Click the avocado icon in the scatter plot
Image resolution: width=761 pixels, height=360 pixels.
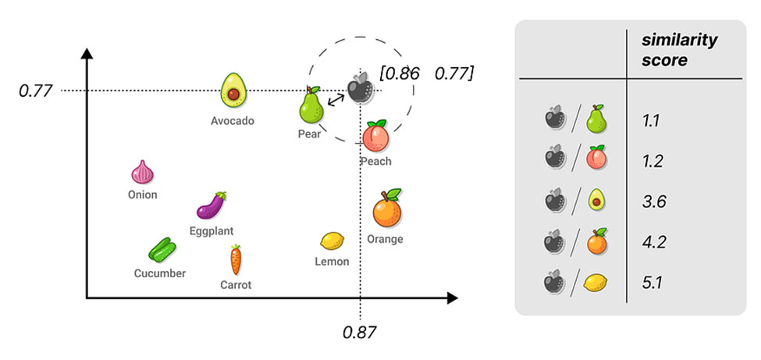tap(233, 91)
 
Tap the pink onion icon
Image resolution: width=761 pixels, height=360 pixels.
tap(143, 173)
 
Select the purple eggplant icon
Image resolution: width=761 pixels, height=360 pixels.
tap(211, 206)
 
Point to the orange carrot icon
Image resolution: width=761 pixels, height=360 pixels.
tap(236, 259)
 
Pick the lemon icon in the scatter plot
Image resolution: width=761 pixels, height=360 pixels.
tap(332, 241)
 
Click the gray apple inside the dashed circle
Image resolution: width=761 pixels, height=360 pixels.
tap(360, 88)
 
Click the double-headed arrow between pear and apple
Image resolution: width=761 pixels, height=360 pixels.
tap(336, 99)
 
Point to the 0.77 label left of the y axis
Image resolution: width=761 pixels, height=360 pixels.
tap(35, 91)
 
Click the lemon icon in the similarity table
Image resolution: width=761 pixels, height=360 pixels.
tap(597, 282)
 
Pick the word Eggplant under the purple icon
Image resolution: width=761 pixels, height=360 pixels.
tap(211, 231)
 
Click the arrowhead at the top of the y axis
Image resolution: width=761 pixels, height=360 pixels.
tap(87, 54)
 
